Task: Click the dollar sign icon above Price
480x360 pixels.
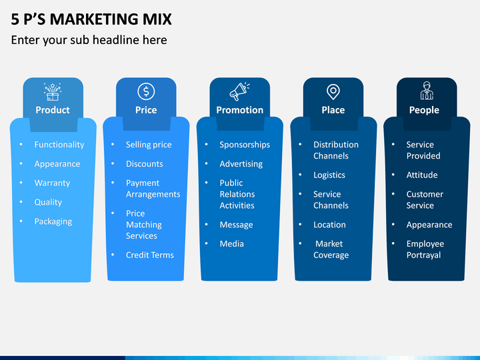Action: [x=146, y=91]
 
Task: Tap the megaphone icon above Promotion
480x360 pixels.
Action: [x=239, y=91]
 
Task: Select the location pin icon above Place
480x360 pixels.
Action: [x=333, y=92]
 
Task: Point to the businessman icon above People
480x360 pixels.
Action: [x=427, y=91]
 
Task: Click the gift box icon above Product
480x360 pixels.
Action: [x=53, y=91]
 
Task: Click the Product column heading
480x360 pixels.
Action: [x=53, y=110]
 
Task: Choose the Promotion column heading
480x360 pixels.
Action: [x=240, y=110]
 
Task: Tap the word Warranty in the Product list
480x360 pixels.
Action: [x=53, y=183]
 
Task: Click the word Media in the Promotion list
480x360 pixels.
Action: [x=232, y=244]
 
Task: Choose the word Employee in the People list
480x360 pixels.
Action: [x=425, y=244]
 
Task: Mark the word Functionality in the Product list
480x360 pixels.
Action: [x=59, y=145]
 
